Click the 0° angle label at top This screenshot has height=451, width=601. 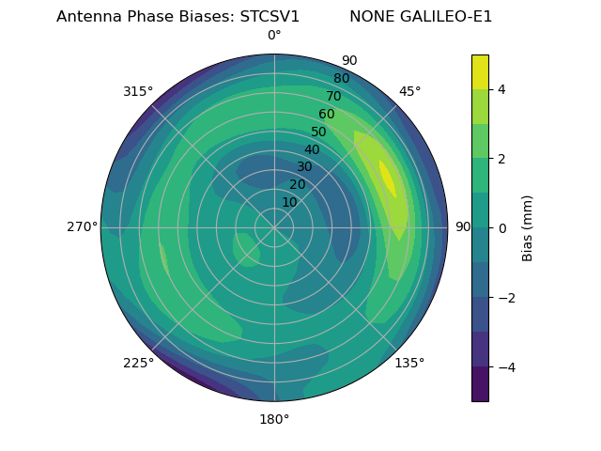(x=274, y=36)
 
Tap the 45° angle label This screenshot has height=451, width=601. (x=409, y=91)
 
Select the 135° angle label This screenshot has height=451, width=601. (x=409, y=363)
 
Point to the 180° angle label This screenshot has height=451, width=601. (x=274, y=419)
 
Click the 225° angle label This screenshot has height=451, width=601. (x=138, y=363)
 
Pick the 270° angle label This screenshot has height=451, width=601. (x=83, y=226)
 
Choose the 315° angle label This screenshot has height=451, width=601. (x=138, y=91)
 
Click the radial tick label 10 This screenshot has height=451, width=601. (x=289, y=202)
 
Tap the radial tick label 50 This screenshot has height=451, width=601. (x=318, y=132)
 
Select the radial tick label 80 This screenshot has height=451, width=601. (x=341, y=78)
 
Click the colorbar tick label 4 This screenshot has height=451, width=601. (x=501, y=89)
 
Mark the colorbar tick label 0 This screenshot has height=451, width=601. (x=501, y=228)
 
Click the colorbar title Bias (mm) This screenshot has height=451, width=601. (x=528, y=227)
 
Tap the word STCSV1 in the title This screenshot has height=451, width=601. (x=264, y=17)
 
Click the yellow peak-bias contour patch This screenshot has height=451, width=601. (x=387, y=179)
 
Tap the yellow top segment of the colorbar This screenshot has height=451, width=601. (x=480, y=71)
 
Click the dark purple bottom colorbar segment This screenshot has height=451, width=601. (x=480, y=384)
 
